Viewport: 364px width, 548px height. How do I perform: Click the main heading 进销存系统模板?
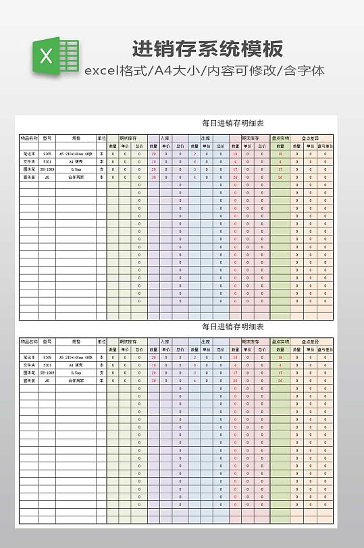[207, 49]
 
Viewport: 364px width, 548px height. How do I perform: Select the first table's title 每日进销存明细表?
[233, 124]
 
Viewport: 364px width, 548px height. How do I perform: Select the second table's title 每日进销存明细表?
[233, 327]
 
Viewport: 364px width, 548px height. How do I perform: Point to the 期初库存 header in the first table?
[128, 138]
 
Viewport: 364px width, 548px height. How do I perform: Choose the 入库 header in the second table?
[165, 341]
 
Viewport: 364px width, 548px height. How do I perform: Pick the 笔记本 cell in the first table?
[29, 154]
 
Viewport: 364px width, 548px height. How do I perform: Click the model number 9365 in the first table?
[47, 154]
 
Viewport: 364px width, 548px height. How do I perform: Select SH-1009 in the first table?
[47, 169]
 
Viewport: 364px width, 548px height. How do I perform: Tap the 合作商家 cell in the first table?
[76, 177]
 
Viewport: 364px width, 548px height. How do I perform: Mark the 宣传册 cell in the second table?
[29, 381]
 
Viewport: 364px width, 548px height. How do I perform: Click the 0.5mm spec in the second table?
[76, 373]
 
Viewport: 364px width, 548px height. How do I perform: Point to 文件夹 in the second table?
[29, 365]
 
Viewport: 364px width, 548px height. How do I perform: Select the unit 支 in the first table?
[102, 169]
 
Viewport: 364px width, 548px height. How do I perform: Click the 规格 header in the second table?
[76, 341]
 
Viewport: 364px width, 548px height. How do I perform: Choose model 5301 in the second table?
[47, 365]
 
